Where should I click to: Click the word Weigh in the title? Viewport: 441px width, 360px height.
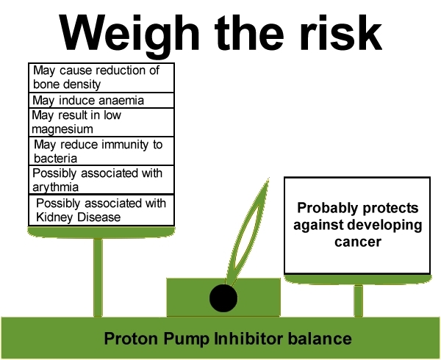(x=130, y=33)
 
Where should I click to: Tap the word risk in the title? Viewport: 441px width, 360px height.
(x=340, y=32)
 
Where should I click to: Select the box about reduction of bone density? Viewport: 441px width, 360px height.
(x=101, y=78)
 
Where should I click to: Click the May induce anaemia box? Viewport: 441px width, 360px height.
(x=101, y=101)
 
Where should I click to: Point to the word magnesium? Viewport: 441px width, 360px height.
(x=62, y=129)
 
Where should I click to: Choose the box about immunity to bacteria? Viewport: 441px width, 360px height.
(x=101, y=151)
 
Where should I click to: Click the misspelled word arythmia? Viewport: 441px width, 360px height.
(x=55, y=187)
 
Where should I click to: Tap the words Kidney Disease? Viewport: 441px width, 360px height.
(x=79, y=217)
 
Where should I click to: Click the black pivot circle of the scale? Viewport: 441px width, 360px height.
(x=223, y=298)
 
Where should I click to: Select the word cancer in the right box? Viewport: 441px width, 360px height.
(x=358, y=242)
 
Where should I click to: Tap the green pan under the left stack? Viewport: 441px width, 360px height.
(x=101, y=232)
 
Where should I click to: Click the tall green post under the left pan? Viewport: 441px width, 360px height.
(x=98, y=278)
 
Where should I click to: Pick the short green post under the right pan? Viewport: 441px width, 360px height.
(x=358, y=300)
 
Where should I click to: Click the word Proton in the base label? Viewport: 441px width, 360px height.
(x=131, y=339)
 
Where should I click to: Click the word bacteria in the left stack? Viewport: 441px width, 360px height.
(x=55, y=159)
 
